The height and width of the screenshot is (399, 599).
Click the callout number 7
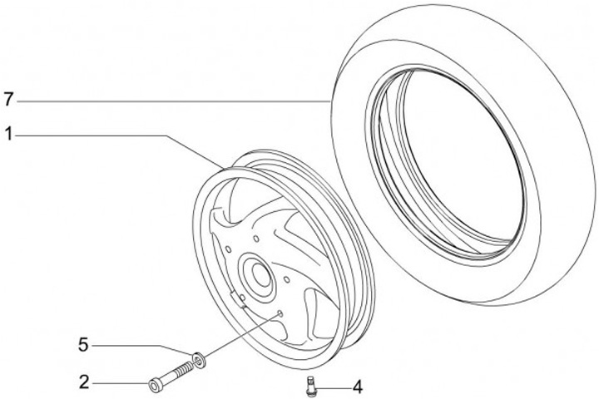tap(7, 100)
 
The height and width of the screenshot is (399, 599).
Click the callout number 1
tap(7, 132)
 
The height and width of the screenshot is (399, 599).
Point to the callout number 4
tap(357, 387)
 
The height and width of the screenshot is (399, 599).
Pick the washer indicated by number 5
tap(198, 359)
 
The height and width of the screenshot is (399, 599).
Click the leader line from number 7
tap(166, 101)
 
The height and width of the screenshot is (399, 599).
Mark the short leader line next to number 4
tap(333, 387)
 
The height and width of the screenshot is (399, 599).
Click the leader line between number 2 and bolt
tap(121, 383)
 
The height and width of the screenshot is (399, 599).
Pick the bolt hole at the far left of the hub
tap(225, 247)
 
